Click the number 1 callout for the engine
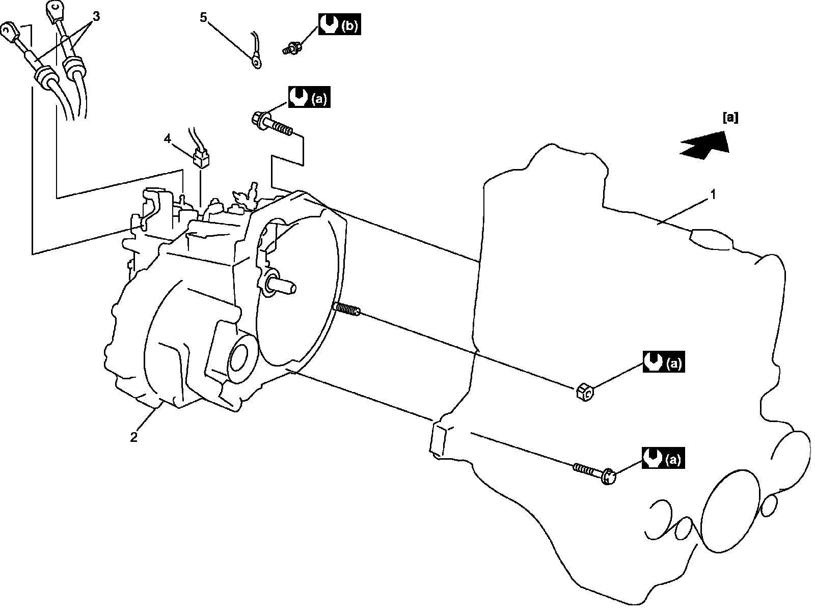click(714, 194)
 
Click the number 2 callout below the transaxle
click(133, 437)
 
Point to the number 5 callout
click(203, 18)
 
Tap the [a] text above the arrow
click(730, 118)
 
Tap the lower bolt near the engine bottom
click(596, 472)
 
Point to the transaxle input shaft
click(280, 286)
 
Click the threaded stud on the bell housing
click(346, 309)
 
